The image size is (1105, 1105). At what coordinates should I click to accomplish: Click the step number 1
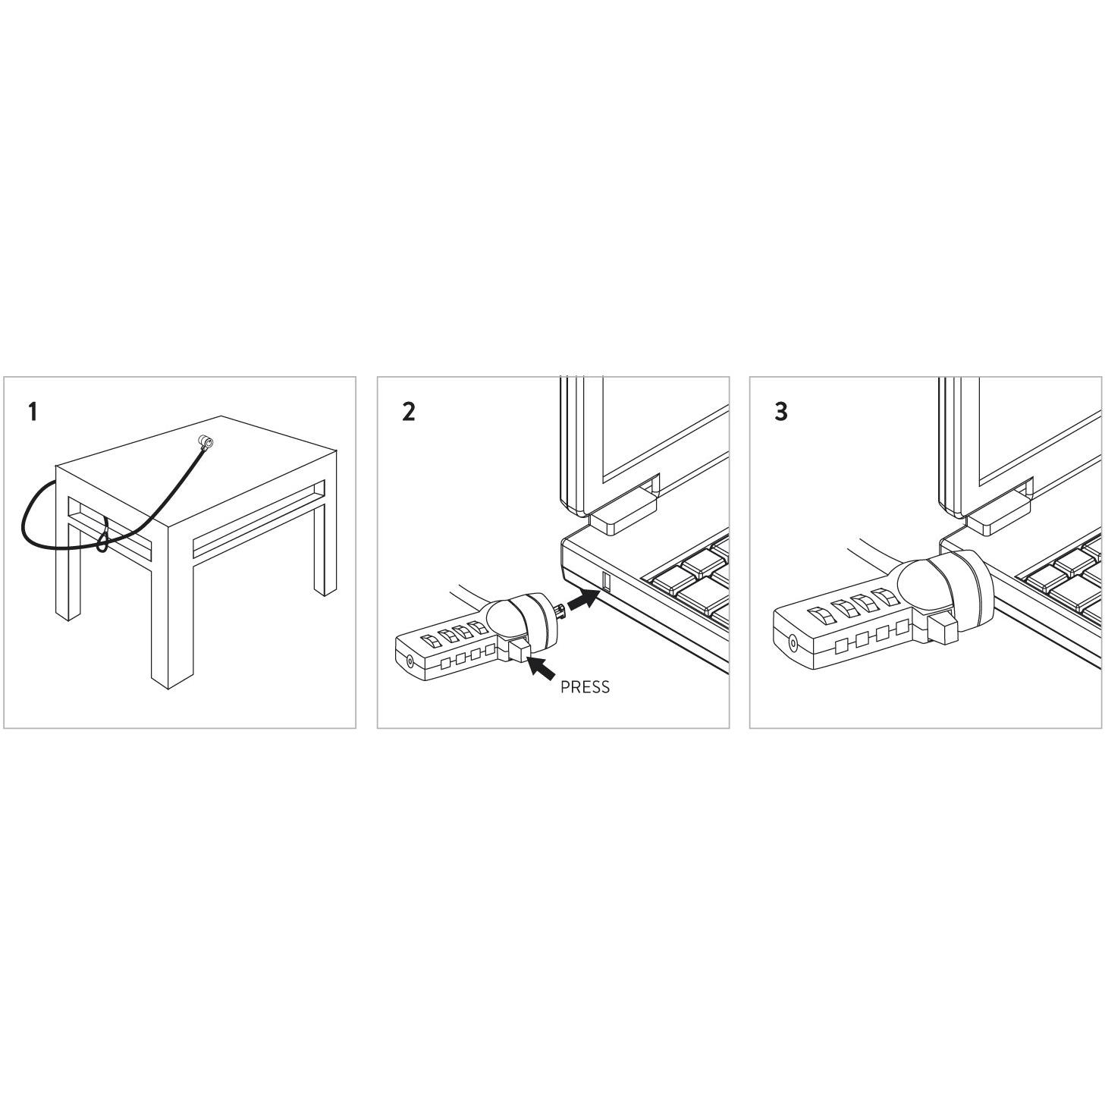33,412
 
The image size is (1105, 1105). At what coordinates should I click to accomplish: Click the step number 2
408,412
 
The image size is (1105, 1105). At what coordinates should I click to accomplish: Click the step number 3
781,412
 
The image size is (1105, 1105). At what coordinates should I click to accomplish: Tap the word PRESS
585,687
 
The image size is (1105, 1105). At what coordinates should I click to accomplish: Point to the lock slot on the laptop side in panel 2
606,580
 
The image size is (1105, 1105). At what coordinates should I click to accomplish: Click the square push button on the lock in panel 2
519,651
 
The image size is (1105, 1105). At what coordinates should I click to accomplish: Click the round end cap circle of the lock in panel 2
410,661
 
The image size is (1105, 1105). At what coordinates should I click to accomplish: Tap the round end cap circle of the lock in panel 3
793,643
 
